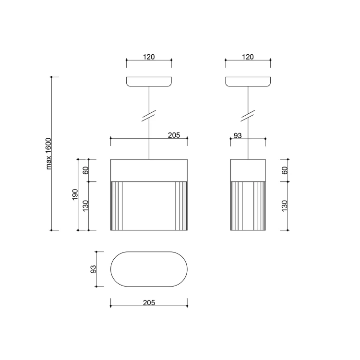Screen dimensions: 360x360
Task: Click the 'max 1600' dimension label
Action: [x=48, y=154]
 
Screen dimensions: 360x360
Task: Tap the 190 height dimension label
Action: [x=75, y=194]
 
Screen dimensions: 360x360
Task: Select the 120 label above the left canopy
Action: [x=149, y=57]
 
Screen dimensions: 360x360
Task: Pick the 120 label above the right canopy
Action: [x=248, y=57]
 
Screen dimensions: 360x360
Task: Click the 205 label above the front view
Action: [x=174, y=135]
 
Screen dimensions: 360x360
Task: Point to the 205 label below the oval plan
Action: [x=149, y=302]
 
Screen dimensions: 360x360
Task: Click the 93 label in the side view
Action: [x=238, y=136]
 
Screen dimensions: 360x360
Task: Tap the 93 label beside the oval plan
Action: [x=94, y=269]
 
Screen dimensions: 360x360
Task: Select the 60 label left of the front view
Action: [x=85, y=170]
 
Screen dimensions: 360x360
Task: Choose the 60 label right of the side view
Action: [x=285, y=170]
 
